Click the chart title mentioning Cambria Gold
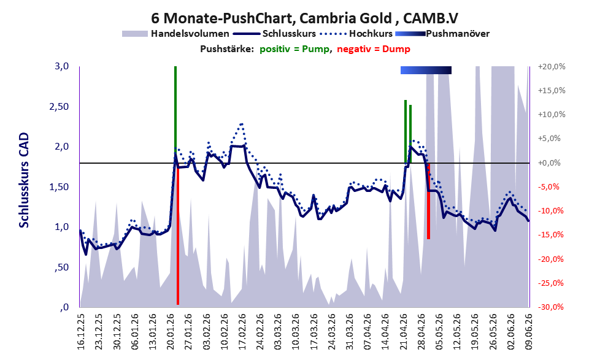coord(304,18)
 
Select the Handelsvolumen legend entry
coord(175,34)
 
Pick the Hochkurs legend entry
coord(356,34)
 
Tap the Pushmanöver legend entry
coord(442,34)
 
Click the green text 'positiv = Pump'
coord(294,49)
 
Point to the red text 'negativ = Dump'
coord(374,49)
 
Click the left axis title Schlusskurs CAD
coord(24,180)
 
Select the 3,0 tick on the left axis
coord(61,66)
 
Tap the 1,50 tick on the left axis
coord(59,187)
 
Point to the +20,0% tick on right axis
coord(552,67)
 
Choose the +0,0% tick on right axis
coord(550,163)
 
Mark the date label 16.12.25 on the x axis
coord(80,332)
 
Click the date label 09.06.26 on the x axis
coord(528,332)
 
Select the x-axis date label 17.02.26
coord(242,332)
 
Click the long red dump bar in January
coord(178,234)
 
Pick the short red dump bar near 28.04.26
coord(428,201)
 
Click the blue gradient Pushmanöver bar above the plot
coord(426,70)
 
